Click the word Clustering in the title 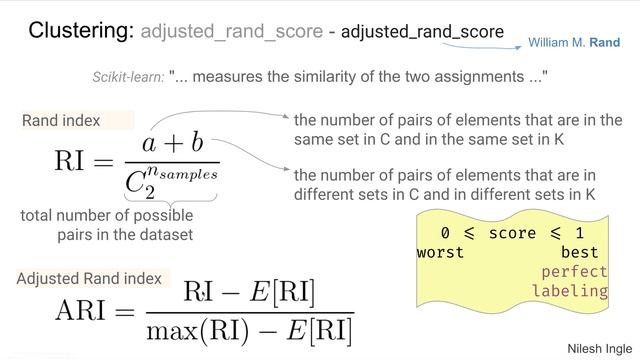point(81,30)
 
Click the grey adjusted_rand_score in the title point(231,32)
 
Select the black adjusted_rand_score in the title point(422,32)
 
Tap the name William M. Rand point(574,44)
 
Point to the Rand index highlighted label point(62,121)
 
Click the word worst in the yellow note point(440,252)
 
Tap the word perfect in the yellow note point(574,272)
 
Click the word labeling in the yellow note point(569,291)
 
